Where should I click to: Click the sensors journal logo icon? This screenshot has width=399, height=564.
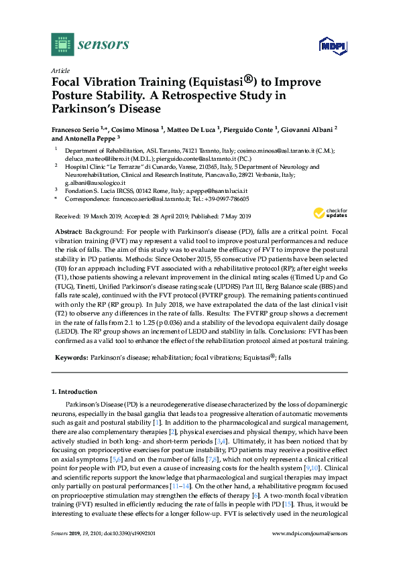[62, 45]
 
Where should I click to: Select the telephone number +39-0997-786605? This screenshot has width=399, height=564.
[228, 199]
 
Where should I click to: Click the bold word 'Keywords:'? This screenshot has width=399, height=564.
[70, 358]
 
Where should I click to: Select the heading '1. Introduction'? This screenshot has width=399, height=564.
[74, 391]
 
